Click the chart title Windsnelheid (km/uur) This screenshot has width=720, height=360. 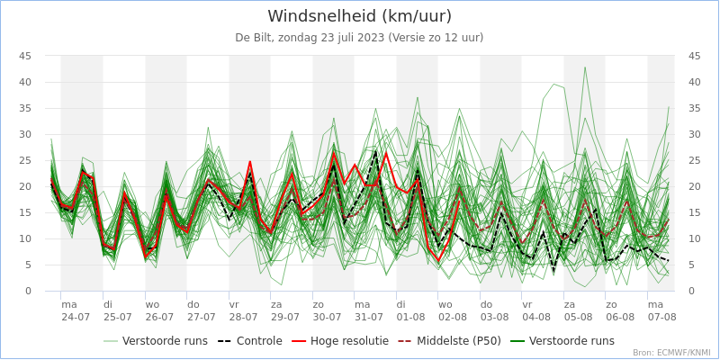coord(359,16)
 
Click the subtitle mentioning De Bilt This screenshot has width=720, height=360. coord(359,37)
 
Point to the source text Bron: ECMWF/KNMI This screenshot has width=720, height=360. coord(671,353)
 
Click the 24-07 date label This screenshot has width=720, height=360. coord(76,317)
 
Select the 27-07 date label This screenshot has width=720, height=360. coord(202,317)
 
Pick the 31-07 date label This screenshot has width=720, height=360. coord(369,317)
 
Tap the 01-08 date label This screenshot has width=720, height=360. coord(411,317)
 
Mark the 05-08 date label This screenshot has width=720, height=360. coord(579,317)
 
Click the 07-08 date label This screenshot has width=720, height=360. coord(661,317)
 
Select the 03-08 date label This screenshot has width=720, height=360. coord(495,317)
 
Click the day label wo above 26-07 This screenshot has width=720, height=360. coord(152,305)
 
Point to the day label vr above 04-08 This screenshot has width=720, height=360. coord(527,305)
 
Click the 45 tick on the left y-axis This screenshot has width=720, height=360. coord(25,56)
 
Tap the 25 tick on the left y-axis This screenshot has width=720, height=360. coord(25,160)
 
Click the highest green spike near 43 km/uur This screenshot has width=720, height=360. coord(584,67)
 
